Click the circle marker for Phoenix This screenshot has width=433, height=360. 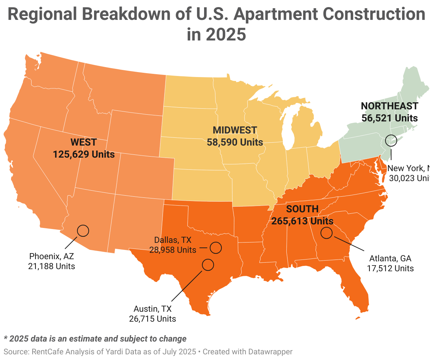pos(83,231)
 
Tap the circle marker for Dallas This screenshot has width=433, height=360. pos(215,247)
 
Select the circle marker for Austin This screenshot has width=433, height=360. pos(208,264)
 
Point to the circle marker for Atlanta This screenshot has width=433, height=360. pos(327,233)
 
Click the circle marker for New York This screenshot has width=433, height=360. pos(391,140)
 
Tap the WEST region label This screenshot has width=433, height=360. pos(83,142)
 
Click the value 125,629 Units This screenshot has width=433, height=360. pos(84,154)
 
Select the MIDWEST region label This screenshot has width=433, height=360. pos(235,130)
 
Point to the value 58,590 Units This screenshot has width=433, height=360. pos(235,142)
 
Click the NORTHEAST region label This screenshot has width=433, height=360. pos(389,106)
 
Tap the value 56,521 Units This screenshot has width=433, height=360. pos(389,118)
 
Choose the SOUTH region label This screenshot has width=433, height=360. pos(302,209)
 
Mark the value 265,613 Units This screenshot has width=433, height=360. pos(302,221)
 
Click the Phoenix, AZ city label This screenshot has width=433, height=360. pos(51,256)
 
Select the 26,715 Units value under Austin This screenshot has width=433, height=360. pos(153,319)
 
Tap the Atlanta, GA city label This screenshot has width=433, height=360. pos(390,258)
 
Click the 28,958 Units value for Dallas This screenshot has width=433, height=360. pos(173,250)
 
